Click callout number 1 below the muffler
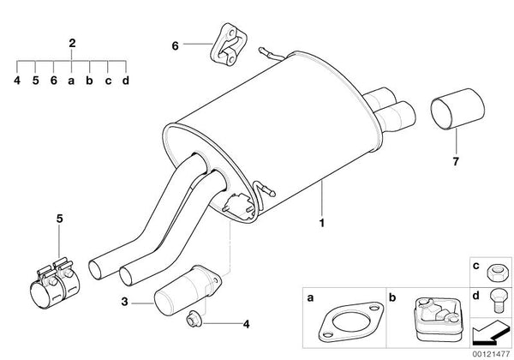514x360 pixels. click(x=322, y=223)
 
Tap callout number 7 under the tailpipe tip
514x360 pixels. click(x=456, y=161)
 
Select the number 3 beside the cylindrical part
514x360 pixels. click(x=124, y=302)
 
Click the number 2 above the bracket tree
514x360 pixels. click(x=72, y=43)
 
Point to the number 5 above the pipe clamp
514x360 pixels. click(x=59, y=219)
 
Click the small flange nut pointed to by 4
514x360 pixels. click(x=192, y=320)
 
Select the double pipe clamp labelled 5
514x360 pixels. click(x=56, y=283)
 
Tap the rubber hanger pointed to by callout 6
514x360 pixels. click(x=229, y=43)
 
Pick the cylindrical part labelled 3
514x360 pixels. click(x=188, y=291)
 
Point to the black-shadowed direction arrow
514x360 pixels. click(x=491, y=333)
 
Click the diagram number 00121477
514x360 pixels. click(x=491, y=354)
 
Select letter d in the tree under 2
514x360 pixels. click(x=126, y=81)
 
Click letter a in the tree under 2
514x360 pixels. click(x=71, y=81)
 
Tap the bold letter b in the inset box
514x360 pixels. click(x=392, y=297)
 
